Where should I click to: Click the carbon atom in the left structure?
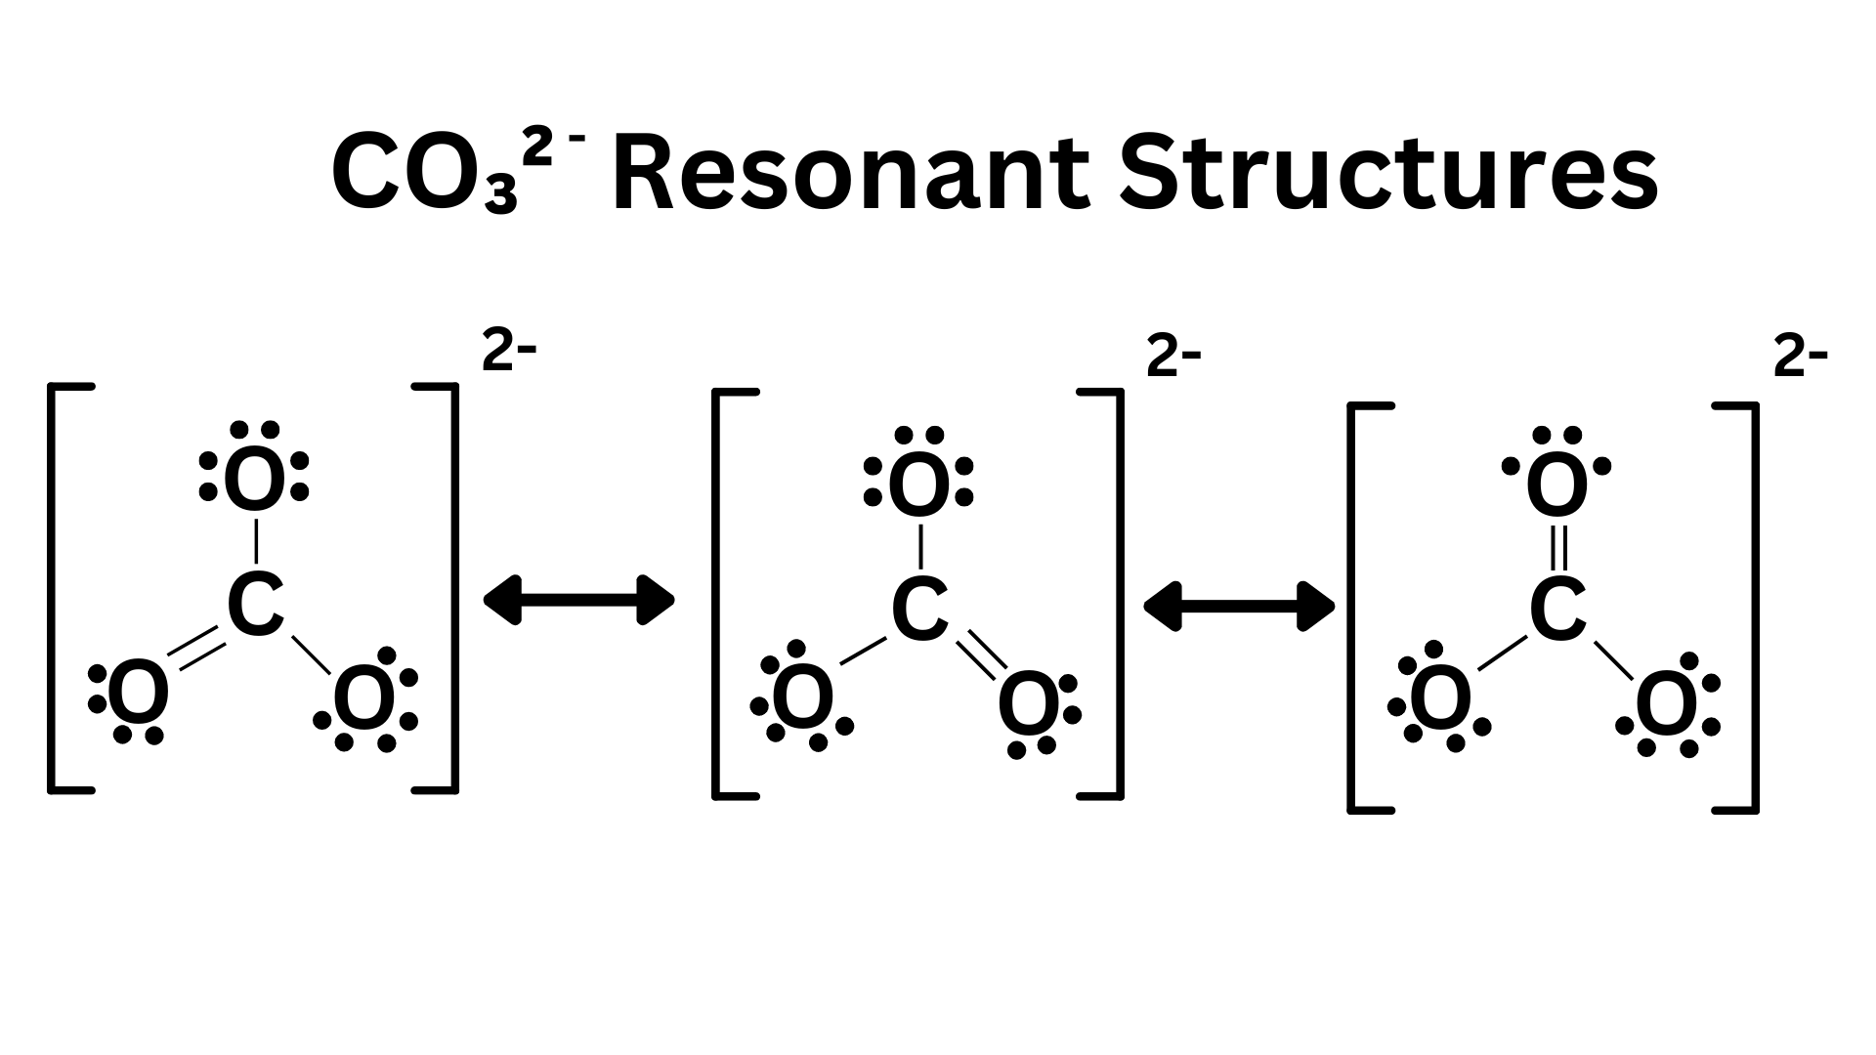(256, 605)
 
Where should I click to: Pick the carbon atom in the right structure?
(1557, 610)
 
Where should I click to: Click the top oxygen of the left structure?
(255, 480)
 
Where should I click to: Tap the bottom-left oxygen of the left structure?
(138, 694)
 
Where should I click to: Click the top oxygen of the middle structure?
(918, 485)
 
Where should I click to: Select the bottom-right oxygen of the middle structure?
(1029, 705)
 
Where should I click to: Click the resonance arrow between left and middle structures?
(579, 599)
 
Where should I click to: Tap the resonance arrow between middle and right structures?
(1239, 607)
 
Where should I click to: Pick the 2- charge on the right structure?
(1801, 360)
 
